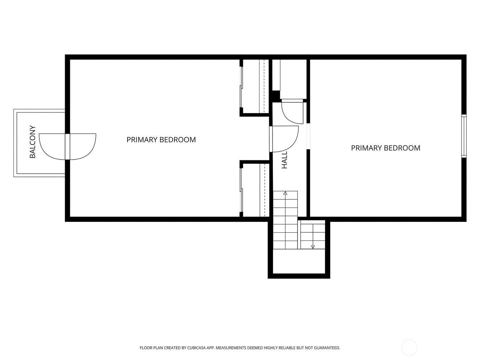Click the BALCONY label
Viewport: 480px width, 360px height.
(x=32, y=142)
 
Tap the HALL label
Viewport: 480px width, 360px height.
(x=284, y=160)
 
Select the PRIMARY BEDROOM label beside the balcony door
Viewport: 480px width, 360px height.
(x=161, y=140)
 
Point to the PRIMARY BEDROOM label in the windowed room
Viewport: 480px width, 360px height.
(x=385, y=148)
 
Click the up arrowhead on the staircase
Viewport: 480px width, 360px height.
(x=285, y=193)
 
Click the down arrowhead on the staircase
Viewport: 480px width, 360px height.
(x=313, y=247)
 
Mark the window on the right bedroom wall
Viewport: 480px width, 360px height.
(x=464, y=136)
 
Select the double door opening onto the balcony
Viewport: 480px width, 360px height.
(x=68, y=147)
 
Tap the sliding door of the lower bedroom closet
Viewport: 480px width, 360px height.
(x=241, y=190)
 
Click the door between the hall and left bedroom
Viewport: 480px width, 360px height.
(x=284, y=139)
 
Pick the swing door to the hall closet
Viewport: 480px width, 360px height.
(x=292, y=111)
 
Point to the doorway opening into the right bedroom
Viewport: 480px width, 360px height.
(x=308, y=136)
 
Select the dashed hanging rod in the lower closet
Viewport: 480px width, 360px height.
(x=264, y=190)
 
